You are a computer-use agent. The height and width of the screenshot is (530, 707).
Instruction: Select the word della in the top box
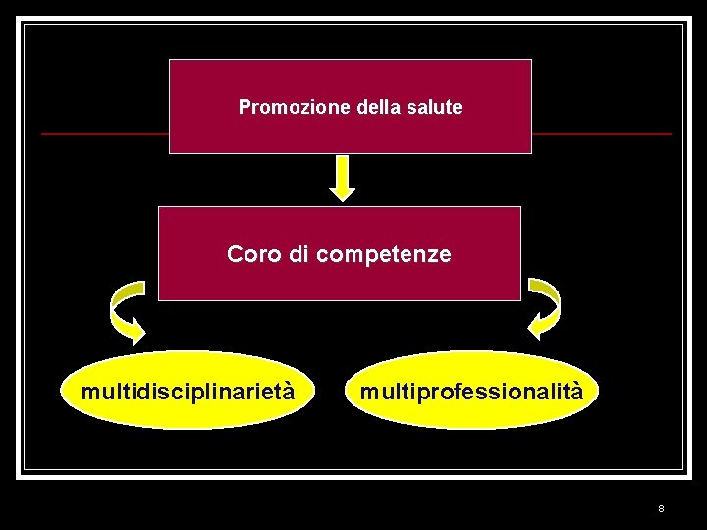tap(377, 107)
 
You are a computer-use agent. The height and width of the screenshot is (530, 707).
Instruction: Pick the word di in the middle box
tap(299, 254)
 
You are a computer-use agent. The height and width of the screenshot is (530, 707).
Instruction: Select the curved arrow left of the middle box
tap(126, 307)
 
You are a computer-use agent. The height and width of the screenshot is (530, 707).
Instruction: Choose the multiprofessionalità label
tap(471, 392)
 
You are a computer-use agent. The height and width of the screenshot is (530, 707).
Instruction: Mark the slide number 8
tap(661, 508)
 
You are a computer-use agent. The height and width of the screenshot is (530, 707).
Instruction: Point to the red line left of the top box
tap(104, 133)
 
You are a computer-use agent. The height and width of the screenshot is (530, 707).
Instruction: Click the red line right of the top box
tap(601, 133)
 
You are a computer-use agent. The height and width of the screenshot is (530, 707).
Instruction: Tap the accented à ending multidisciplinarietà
tap(287, 391)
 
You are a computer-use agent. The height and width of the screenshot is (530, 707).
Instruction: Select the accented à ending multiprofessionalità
tap(576, 391)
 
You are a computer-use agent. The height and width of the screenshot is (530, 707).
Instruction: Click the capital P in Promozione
tap(245, 107)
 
